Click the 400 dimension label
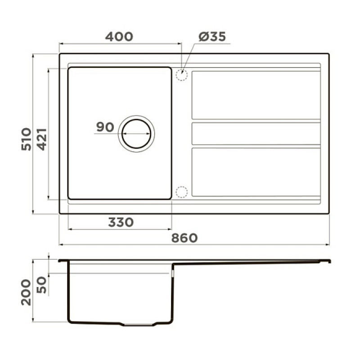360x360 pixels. click(119, 37)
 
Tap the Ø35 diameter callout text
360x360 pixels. click(212, 37)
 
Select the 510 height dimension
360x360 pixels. click(26, 139)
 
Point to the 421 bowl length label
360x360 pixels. click(42, 139)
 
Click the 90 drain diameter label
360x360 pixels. click(105, 127)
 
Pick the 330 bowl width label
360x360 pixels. click(121, 222)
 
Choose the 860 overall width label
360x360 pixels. click(184, 238)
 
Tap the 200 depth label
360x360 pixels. click(26, 292)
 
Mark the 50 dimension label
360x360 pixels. click(41, 285)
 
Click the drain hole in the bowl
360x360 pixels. click(136, 134)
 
